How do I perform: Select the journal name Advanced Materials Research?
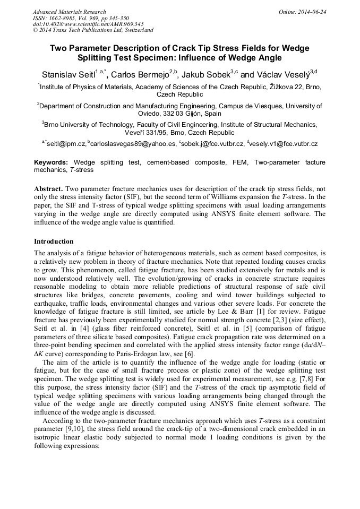point(69,12)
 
